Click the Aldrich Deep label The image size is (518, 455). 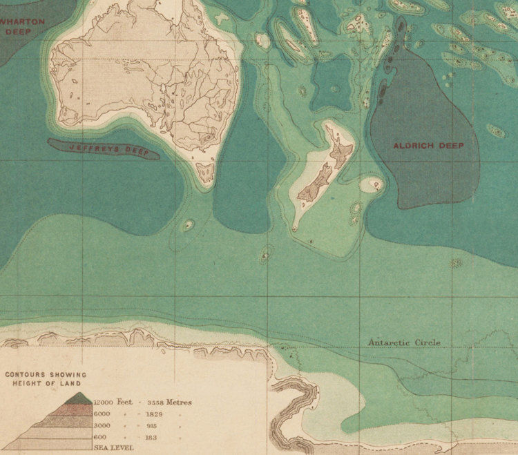coord(428,146)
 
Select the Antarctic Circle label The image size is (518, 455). coord(404,342)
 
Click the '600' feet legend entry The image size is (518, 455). coord(99,437)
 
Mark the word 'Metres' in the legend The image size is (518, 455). coord(178,402)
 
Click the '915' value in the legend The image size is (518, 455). coord(150,425)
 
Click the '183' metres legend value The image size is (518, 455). coord(150,437)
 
